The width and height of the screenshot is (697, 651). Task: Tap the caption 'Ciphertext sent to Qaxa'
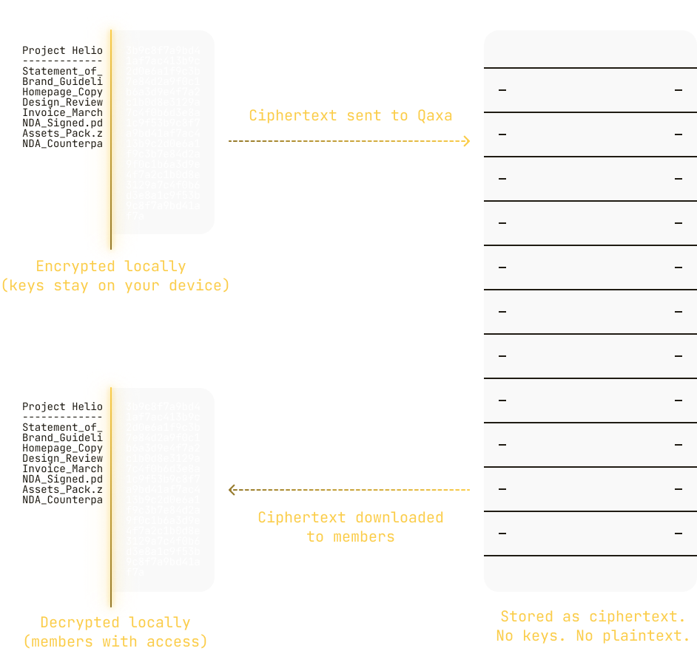(x=350, y=115)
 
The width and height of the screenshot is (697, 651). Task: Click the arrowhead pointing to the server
(x=466, y=140)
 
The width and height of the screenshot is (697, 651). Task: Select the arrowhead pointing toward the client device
(x=232, y=489)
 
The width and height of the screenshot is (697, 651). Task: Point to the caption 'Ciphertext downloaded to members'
(x=350, y=527)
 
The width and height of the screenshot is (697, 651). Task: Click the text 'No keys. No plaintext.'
(x=592, y=635)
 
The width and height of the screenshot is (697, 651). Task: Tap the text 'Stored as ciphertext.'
(x=592, y=616)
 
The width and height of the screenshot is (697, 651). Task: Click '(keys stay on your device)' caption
(x=115, y=285)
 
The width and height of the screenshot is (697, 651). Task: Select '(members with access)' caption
(x=115, y=641)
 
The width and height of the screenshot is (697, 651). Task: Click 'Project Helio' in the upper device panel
(x=62, y=50)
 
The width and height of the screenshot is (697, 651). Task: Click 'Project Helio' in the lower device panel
(x=62, y=406)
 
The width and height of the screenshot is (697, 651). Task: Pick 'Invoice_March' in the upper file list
(x=62, y=112)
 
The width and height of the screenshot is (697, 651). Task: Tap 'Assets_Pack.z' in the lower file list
(x=62, y=489)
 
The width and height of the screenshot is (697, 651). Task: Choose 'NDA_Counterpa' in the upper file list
(x=62, y=143)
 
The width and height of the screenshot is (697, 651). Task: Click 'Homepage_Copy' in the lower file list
(x=62, y=448)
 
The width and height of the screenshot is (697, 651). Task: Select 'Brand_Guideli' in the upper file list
(x=62, y=81)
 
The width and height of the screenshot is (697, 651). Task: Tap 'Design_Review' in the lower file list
(x=62, y=458)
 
